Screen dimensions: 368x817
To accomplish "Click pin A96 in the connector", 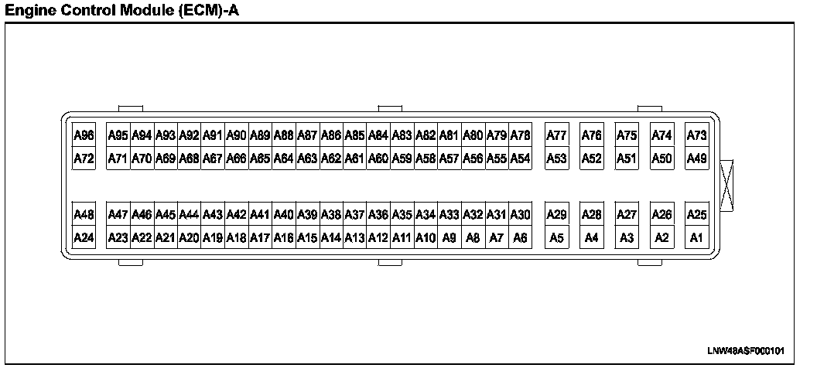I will pyautogui.click(x=84, y=136).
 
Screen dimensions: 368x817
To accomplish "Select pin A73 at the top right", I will pyautogui.click(x=697, y=136).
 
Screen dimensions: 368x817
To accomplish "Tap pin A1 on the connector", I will pyautogui.click(x=697, y=238).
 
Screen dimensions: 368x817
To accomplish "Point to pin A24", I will pyautogui.click(x=84, y=238).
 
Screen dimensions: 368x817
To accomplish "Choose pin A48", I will pyautogui.click(x=84, y=214).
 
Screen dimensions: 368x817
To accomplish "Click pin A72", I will pyautogui.click(x=84, y=159).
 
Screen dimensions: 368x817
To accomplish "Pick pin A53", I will pyautogui.click(x=556, y=159).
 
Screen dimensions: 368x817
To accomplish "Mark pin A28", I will pyautogui.click(x=592, y=214).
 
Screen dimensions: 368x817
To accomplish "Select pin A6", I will pyautogui.click(x=520, y=238).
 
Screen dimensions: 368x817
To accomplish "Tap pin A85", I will pyautogui.click(x=354, y=136).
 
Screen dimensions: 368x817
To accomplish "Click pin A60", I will pyautogui.click(x=378, y=159).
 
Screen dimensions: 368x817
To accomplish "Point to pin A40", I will pyautogui.click(x=284, y=214).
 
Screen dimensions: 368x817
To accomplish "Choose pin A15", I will pyautogui.click(x=307, y=238).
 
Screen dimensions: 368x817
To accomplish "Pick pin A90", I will pyautogui.click(x=236, y=136).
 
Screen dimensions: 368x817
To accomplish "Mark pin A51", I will pyautogui.click(x=627, y=159).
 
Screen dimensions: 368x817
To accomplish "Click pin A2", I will pyautogui.click(x=661, y=238).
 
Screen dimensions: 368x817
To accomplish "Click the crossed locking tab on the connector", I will pyautogui.click(x=728, y=186).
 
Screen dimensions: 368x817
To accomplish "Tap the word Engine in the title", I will pyautogui.click(x=29, y=10).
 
